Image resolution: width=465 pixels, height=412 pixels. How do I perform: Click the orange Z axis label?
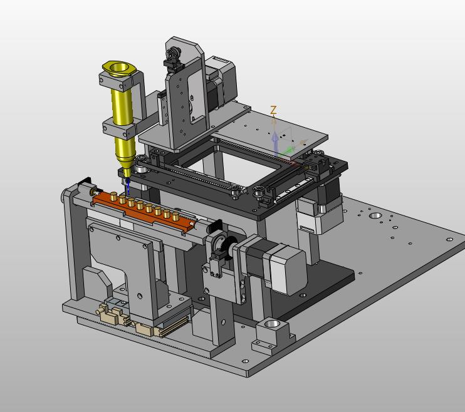pos(273,110)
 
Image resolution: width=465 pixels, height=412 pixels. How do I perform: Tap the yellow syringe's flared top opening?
pos(119,68)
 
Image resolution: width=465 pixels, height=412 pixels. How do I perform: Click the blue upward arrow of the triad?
pos(275,144)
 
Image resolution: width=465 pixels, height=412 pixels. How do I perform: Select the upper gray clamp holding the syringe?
pos(117,81)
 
